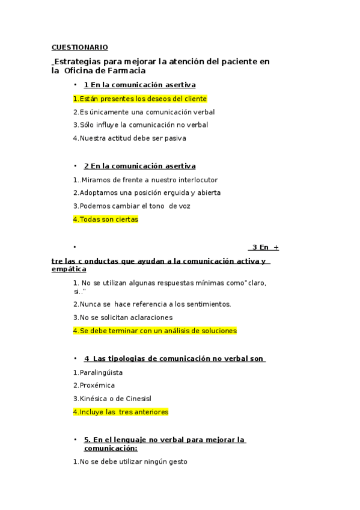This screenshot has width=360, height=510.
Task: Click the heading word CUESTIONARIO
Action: point(80,47)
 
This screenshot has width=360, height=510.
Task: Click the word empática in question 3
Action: point(69,269)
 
